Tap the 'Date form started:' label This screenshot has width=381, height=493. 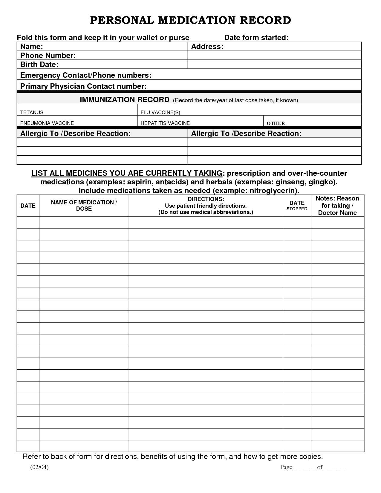(256, 38)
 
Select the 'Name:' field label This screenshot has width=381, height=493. (31, 47)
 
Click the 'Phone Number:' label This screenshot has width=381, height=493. (48, 56)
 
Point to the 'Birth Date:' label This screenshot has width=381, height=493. (39, 65)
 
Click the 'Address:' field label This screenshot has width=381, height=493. (207, 47)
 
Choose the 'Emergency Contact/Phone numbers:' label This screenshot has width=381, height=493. (85, 75)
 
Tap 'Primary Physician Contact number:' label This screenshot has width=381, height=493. (83, 86)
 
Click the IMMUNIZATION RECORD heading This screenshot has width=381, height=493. (124, 100)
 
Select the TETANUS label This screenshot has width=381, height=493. (32, 113)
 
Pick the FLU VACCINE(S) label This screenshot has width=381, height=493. (160, 113)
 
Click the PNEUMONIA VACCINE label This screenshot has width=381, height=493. (47, 123)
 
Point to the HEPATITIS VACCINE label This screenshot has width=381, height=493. (165, 123)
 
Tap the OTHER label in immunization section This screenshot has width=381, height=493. (276, 123)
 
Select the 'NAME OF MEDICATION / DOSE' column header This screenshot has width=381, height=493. (84, 206)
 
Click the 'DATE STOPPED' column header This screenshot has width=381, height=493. (297, 206)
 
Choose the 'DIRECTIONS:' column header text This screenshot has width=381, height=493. (206, 199)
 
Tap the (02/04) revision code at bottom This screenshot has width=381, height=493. (39, 467)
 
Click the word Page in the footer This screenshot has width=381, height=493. (286, 467)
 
